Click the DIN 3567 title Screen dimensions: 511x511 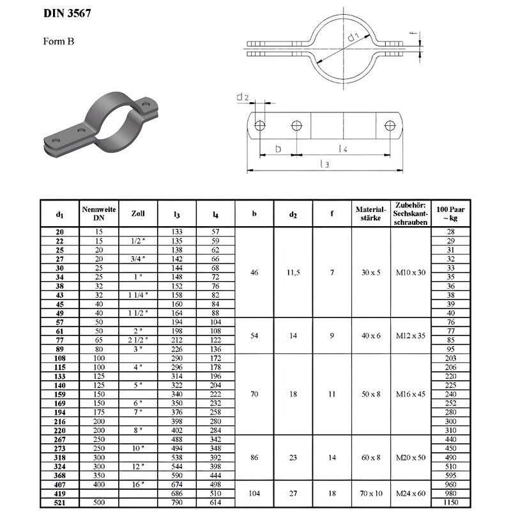pyautogui.click(x=71, y=13)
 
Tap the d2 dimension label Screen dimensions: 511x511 pyautogui.click(x=242, y=97)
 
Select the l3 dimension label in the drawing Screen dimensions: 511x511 pyautogui.click(x=324, y=164)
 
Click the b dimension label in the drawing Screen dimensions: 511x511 pyautogui.click(x=277, y=148)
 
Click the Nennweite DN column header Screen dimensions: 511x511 pyautogui.click(x=99, y=214)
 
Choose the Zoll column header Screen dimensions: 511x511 pyautogui.click(x=138, y=214)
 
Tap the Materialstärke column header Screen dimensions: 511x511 pyautogui.click(x=371, y=214)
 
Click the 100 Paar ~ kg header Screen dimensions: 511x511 pyautogui.click(x=449, y=214)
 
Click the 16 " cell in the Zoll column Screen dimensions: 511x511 pyautogui.click(x=138, y=485)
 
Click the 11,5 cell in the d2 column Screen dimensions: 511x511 pyautogui.click(x=293, y=273)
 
